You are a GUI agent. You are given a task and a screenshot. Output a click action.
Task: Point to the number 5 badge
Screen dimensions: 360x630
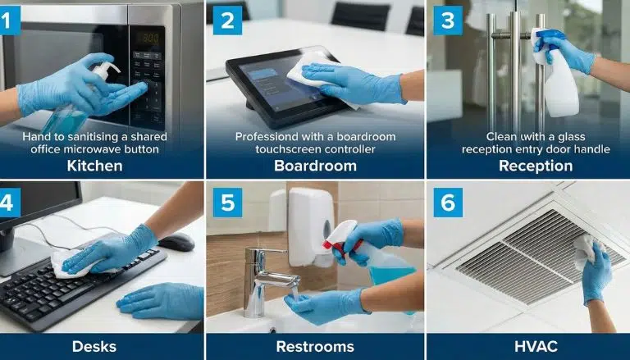pos(225,203)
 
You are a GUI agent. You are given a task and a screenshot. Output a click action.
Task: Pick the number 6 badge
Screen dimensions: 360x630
pos(448,203)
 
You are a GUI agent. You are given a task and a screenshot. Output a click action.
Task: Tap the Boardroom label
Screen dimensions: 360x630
pos(315,165)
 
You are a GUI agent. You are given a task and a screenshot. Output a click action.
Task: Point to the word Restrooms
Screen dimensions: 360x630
pos(315,345)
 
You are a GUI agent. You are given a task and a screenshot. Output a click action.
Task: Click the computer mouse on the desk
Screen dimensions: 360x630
pos(176,242)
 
